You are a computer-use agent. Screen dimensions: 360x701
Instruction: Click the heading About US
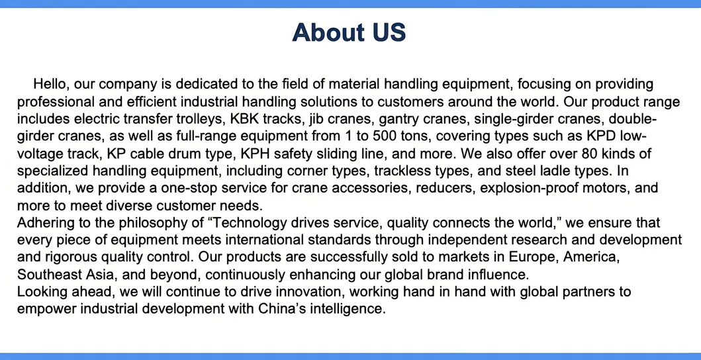coord(349,32)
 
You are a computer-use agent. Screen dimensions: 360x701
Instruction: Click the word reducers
coord(444,188)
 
